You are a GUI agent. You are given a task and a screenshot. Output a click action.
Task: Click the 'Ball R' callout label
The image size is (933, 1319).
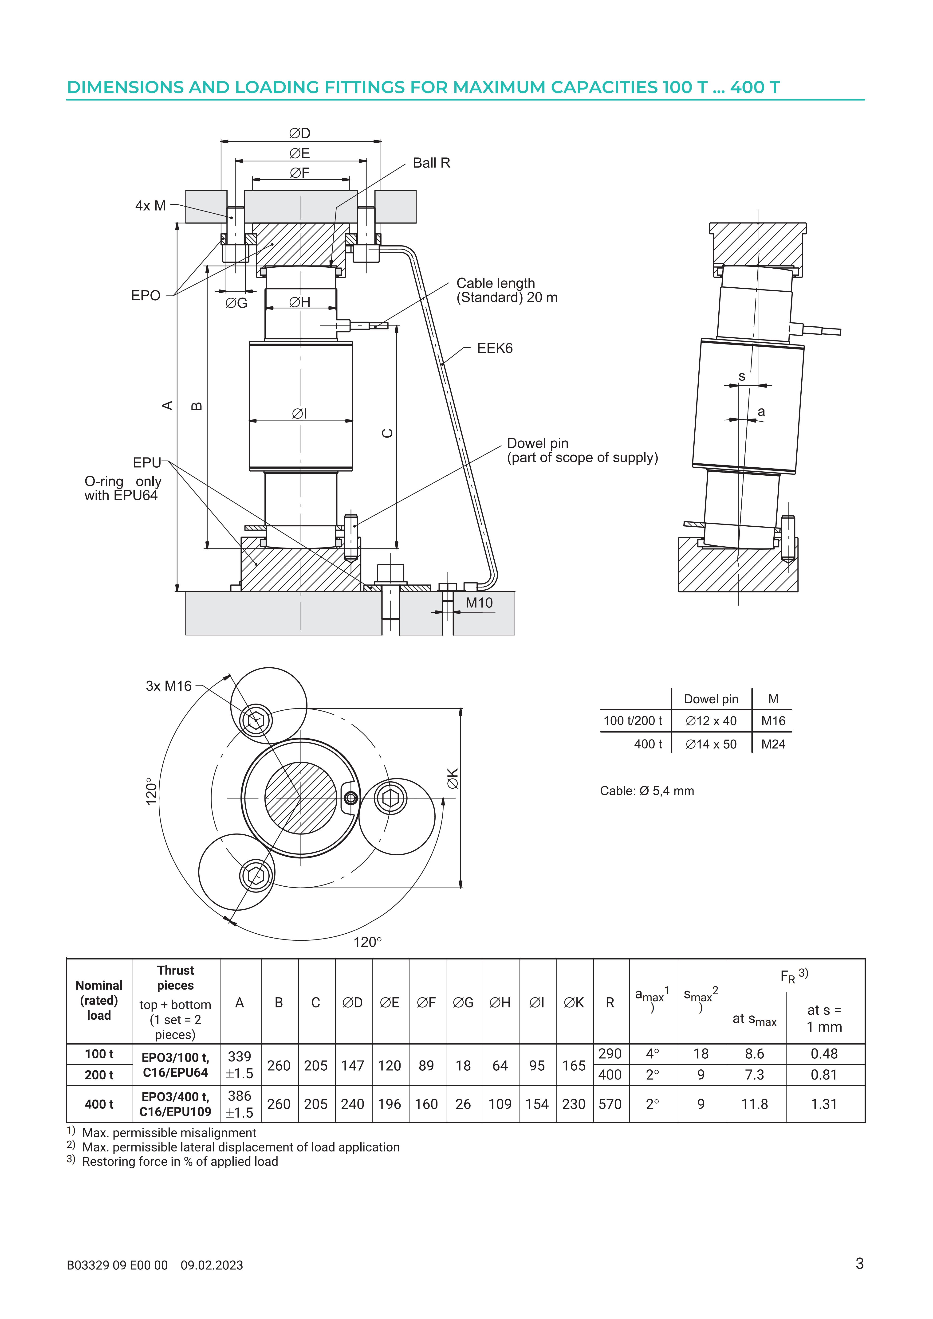431,163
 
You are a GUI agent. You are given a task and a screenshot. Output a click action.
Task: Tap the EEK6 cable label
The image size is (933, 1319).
495,348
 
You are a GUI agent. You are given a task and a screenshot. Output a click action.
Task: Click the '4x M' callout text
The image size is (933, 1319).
150,206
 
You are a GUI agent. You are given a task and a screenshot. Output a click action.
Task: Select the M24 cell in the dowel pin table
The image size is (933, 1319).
773,744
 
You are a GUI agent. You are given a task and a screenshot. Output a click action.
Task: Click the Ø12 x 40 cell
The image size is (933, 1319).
711,721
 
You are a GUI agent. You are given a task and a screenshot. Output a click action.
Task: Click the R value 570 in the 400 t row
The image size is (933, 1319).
610,1104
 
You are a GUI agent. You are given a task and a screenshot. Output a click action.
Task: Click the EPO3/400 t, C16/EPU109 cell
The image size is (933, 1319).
175,1104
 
